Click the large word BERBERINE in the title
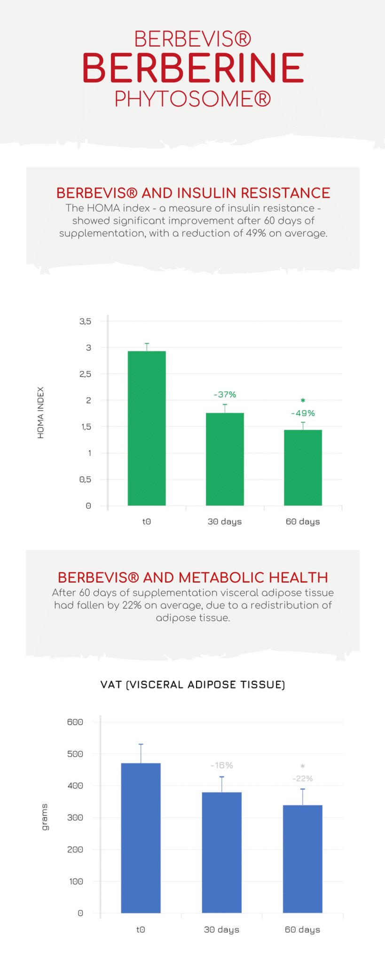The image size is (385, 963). click(x=193, y=68)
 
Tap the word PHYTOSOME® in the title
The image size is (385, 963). click(x=193, y=99)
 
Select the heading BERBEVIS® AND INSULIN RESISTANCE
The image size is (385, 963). click(x=193, y=193)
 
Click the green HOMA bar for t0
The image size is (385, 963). click(x=147, y=428)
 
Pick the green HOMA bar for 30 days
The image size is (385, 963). click(x=225, y=459)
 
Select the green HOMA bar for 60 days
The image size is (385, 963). click(x=303, y=467)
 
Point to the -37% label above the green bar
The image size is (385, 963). click(x=225, y=395)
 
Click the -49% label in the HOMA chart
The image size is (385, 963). click(x=303, y=413)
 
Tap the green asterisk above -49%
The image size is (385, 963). click(x=303, y=401)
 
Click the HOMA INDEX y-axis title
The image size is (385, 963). click(x=41, y=413)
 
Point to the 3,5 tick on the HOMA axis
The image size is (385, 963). click(x=85, y=321)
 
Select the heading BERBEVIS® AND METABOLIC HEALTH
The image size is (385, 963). click(x=193, y=577)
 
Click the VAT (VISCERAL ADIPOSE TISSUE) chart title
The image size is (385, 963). click(x=193, y=685)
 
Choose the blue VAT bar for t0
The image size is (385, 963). click(x=141, y=838)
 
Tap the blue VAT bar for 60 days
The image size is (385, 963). click(x=302, y=859)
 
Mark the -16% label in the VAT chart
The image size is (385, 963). click(x=221, y=766)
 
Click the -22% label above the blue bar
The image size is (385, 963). click(x=302, y=779)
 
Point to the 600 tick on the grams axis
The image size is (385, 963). click(x=75, y=722)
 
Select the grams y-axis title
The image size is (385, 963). click(x=45, y=817)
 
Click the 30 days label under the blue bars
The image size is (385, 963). click(x=221, y=930)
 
